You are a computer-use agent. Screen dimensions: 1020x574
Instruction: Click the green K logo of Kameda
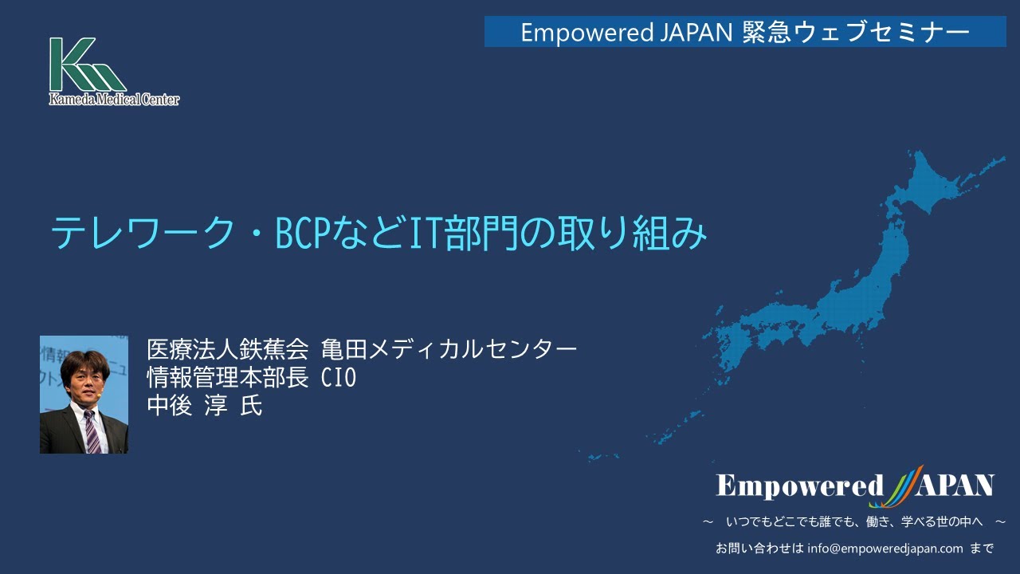click(x=87, y=65)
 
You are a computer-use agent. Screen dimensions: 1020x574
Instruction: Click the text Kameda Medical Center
click(x=114, y=99)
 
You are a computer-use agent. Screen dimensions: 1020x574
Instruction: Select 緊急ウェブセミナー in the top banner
click(x=856, y=32)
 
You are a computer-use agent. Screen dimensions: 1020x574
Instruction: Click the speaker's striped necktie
click(x=92, y=431)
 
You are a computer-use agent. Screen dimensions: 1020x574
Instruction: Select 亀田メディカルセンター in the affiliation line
click(x=449, y=349)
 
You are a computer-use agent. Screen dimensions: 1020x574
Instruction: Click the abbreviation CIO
click(x=339, y=378)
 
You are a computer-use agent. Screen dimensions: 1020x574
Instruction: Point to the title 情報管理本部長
click(x=228, y=378)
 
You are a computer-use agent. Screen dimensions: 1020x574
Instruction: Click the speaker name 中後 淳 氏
click(x=205, y=406)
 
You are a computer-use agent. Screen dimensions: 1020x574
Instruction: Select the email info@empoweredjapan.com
click(x=885, y=548)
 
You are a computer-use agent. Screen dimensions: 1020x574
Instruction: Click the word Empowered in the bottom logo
click(x=799, y=486)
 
